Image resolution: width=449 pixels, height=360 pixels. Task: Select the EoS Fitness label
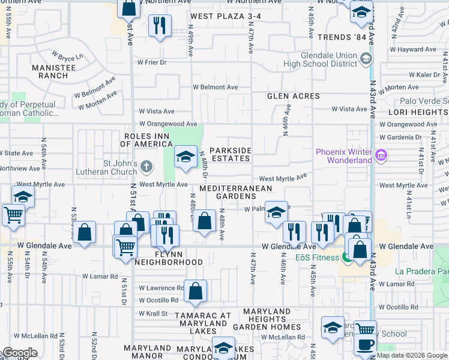pyautogui.click(x=318, y=258)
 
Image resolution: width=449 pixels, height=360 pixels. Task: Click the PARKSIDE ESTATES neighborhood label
pyautogui.click(x=229, y=154)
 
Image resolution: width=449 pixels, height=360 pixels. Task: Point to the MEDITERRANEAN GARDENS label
pyautogui.click(x=235, y=192)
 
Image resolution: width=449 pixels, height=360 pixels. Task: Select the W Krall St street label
pyautogui.click(x=153, y=313)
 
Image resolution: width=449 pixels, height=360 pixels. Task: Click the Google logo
pyautogui.click(x=20, y=353)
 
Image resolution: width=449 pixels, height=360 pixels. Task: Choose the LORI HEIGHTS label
pyautogui.click(x=418, y=112)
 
